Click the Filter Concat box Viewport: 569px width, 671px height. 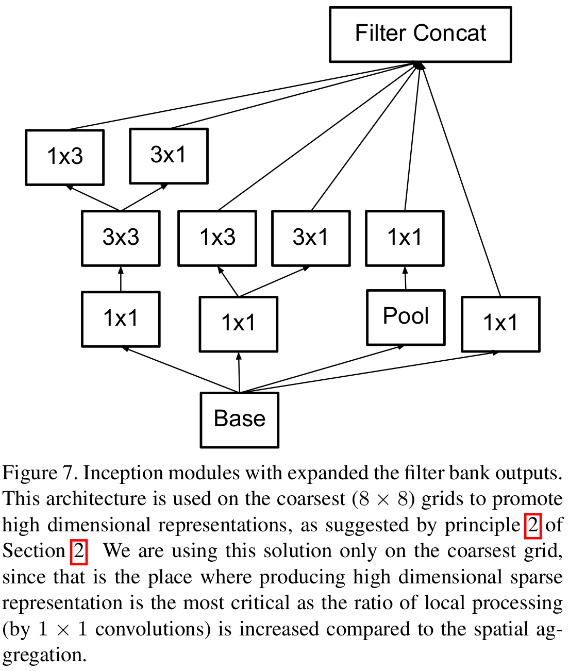tap(420, 35)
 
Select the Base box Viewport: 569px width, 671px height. tap(239, 420)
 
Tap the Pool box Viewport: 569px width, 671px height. tap(406, 317)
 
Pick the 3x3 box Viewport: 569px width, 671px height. tap(121, 238)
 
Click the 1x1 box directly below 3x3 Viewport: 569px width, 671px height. tap(121, 319)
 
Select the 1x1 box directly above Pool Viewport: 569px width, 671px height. tap(405, 238)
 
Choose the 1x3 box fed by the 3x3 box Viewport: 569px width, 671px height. tap(65, 157)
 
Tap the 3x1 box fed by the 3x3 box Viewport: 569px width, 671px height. tap(169, 156)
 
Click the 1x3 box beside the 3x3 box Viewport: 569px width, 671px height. tap(217, 238)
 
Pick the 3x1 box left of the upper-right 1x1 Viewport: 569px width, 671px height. tap(311, 238)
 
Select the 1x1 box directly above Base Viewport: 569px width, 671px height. tap(239, 324)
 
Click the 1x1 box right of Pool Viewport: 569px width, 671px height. tap(500, 324)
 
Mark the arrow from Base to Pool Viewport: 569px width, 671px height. tap(322, 369)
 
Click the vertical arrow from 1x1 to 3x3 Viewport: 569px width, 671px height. tap(121, 279)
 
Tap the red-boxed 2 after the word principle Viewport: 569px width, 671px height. tap(532, 525)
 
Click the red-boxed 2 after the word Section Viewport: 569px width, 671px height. tap(78, 551)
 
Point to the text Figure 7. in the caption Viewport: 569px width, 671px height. tap(39, 473)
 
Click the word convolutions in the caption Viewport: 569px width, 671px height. tap(153, 630)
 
